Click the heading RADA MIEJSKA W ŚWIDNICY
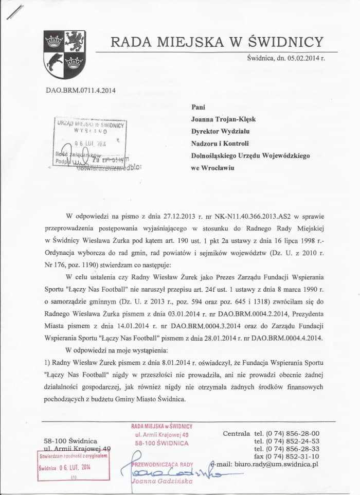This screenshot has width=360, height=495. [x=217, y=42]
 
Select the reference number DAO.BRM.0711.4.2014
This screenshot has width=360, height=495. [x=81, y=91]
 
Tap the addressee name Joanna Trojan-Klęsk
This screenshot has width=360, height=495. [x=223, y=119]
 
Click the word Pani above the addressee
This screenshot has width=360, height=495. [x=198, y=107]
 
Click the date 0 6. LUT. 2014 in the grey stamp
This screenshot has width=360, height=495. [x=90, y=144]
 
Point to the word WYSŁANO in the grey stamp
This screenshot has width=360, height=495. [x=91, y=132]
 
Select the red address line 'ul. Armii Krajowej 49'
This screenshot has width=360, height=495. [x=161, y=435]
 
